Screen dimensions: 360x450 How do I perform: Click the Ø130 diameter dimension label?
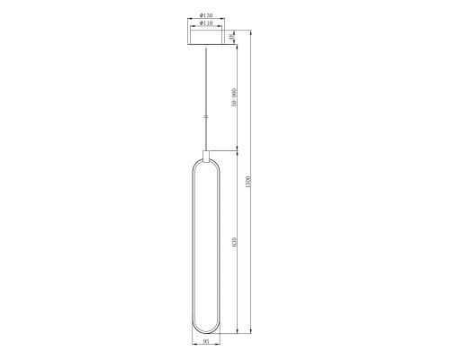coord(207,16)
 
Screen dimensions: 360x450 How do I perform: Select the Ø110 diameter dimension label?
coord(207,23)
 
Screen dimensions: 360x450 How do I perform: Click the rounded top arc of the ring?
coord(207,164)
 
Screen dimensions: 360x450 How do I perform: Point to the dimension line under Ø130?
coord(207,20)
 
